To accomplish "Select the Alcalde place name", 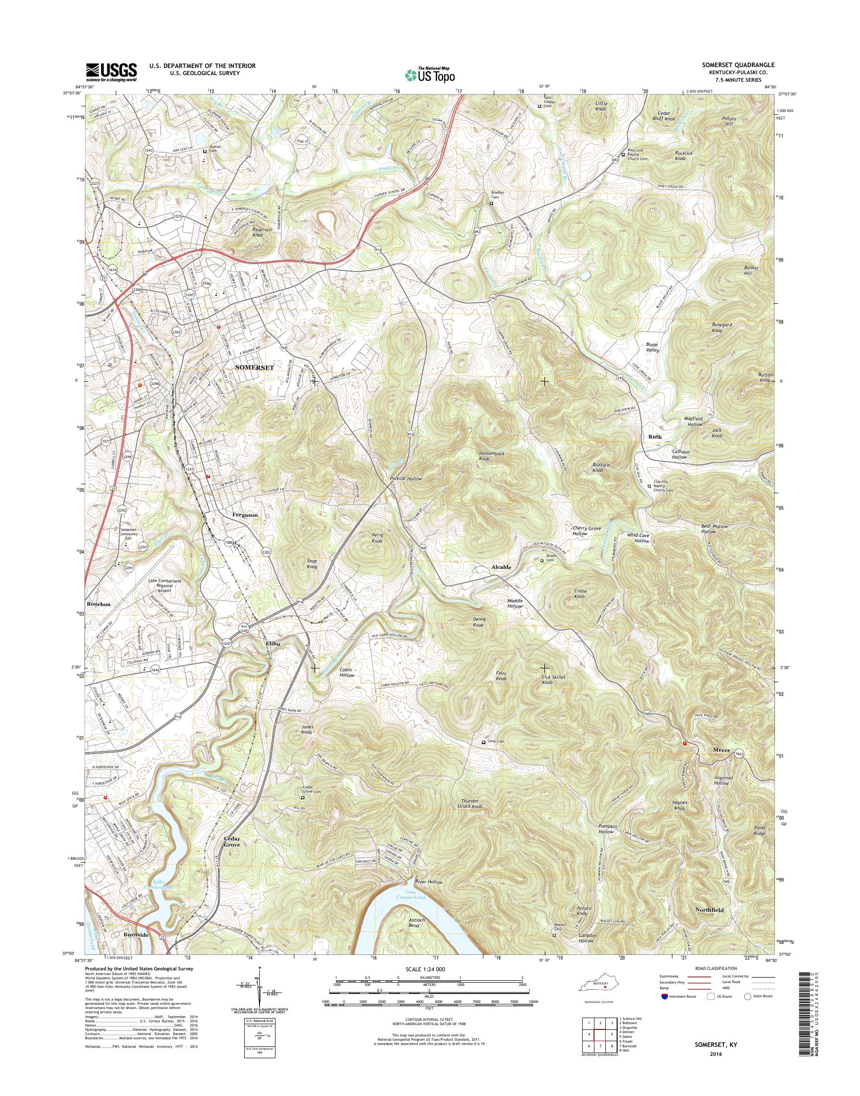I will pos(501,567).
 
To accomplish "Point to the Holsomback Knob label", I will pos(491,456).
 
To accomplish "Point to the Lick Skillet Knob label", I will pos(553,680).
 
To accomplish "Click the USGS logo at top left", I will pos(111,72).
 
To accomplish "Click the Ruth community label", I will pos(655,437).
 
